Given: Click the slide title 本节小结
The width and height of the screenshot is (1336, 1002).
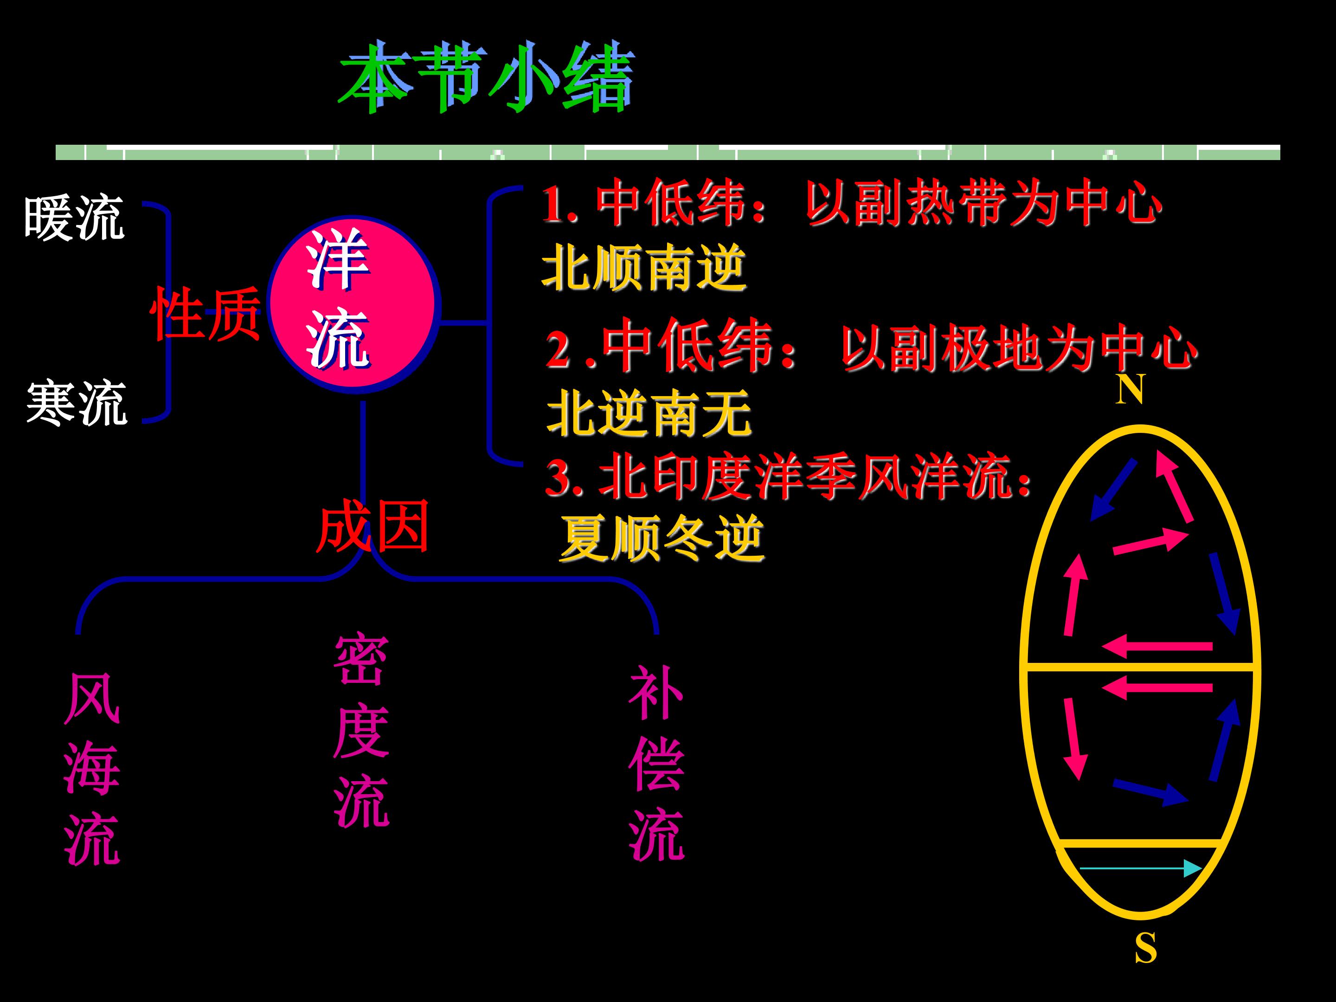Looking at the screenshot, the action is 486,77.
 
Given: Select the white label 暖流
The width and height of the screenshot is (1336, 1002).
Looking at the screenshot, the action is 74,218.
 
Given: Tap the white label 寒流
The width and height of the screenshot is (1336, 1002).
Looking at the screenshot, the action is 77,403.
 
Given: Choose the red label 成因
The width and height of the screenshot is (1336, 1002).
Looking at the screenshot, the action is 372,526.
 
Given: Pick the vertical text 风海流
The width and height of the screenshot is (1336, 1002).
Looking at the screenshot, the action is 92,768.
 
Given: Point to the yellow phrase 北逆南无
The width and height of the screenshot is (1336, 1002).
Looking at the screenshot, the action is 649,412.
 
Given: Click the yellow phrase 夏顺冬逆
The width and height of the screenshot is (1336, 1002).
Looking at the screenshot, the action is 662,538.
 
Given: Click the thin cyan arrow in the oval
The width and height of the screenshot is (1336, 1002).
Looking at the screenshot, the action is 1140,868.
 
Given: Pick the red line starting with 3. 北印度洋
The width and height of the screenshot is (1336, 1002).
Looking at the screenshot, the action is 788,479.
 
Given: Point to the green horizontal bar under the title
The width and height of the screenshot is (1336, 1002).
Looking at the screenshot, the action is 668,152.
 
